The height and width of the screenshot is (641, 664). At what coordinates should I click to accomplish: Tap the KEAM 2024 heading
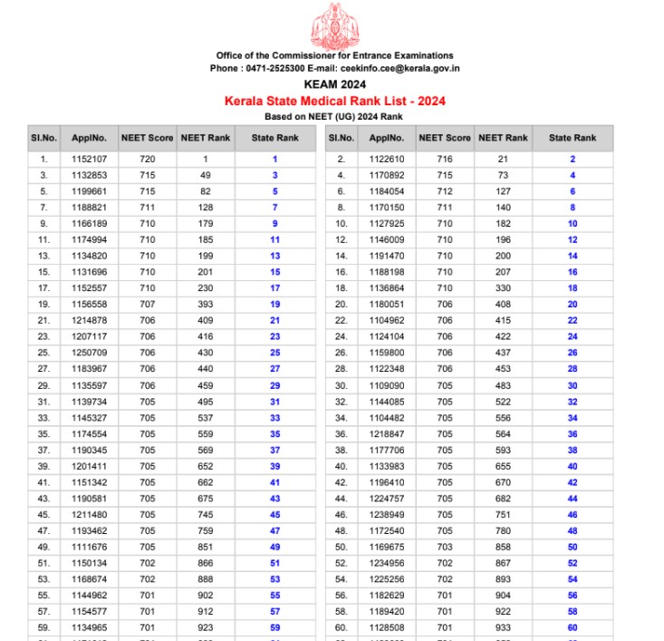[330, 84]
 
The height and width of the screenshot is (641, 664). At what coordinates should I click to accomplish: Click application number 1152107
[90, 159]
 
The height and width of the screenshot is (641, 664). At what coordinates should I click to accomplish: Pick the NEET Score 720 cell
[148, 159]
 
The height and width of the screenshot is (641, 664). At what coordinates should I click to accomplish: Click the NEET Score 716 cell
[444, 159]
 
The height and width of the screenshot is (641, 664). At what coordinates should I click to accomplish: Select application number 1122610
[387, 159]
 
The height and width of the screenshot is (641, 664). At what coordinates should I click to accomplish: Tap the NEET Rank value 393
[206, 304]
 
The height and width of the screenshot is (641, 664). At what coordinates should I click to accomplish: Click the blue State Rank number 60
[573, 626]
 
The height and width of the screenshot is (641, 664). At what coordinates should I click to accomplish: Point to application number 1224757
[387, 498]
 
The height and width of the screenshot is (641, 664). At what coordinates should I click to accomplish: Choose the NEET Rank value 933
[503, 626]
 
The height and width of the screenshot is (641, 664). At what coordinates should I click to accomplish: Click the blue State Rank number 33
[274, 417]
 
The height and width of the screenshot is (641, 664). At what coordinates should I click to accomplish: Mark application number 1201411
[90, 465]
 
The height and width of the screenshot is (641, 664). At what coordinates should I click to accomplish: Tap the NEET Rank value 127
[503, 191]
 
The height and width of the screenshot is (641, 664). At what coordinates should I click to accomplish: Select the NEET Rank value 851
[206, 546]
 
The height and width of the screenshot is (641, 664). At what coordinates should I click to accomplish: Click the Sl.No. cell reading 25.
[43, 352]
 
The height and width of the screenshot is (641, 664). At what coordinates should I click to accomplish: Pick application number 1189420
[387, 610]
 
